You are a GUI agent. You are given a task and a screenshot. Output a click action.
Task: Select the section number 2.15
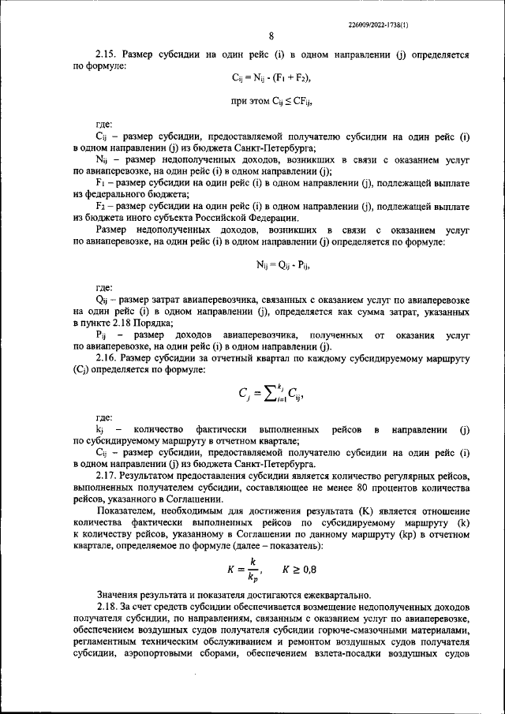click(x=107, y=56)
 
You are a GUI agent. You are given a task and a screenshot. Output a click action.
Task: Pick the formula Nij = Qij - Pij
click(x=272, y=267)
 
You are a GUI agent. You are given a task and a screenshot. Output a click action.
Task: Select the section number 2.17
click(x=107, y=477)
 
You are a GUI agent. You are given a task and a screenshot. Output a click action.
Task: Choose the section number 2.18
click(x=107, y=606)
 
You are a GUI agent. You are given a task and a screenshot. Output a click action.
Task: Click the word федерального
click(x=125, y=193)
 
